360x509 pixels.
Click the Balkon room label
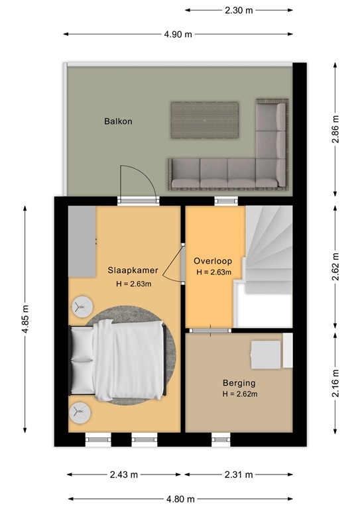coord(118,121)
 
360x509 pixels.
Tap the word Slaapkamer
coord(133,270)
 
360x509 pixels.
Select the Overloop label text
coord(213,261)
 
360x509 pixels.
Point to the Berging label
coord(239,383)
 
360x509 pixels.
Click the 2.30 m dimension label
coord(239,11)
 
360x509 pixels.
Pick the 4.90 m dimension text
coord(178,34)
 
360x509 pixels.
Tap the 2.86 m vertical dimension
coord(335,129)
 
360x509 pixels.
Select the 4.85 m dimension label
coord(25,319)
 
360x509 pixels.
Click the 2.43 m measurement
coord(124,475)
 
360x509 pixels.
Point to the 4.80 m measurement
coord(180,498)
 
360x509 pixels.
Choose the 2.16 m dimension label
coord(335,383)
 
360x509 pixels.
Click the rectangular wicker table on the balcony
coord(205,120)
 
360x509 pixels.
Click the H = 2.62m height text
coord(240,394)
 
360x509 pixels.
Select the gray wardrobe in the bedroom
coord(82,241)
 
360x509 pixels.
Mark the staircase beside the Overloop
coord(269,250)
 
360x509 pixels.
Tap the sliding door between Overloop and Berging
coord(210,331)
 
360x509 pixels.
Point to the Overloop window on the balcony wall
coord(226,201)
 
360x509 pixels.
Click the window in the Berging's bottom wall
coord(221,440)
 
